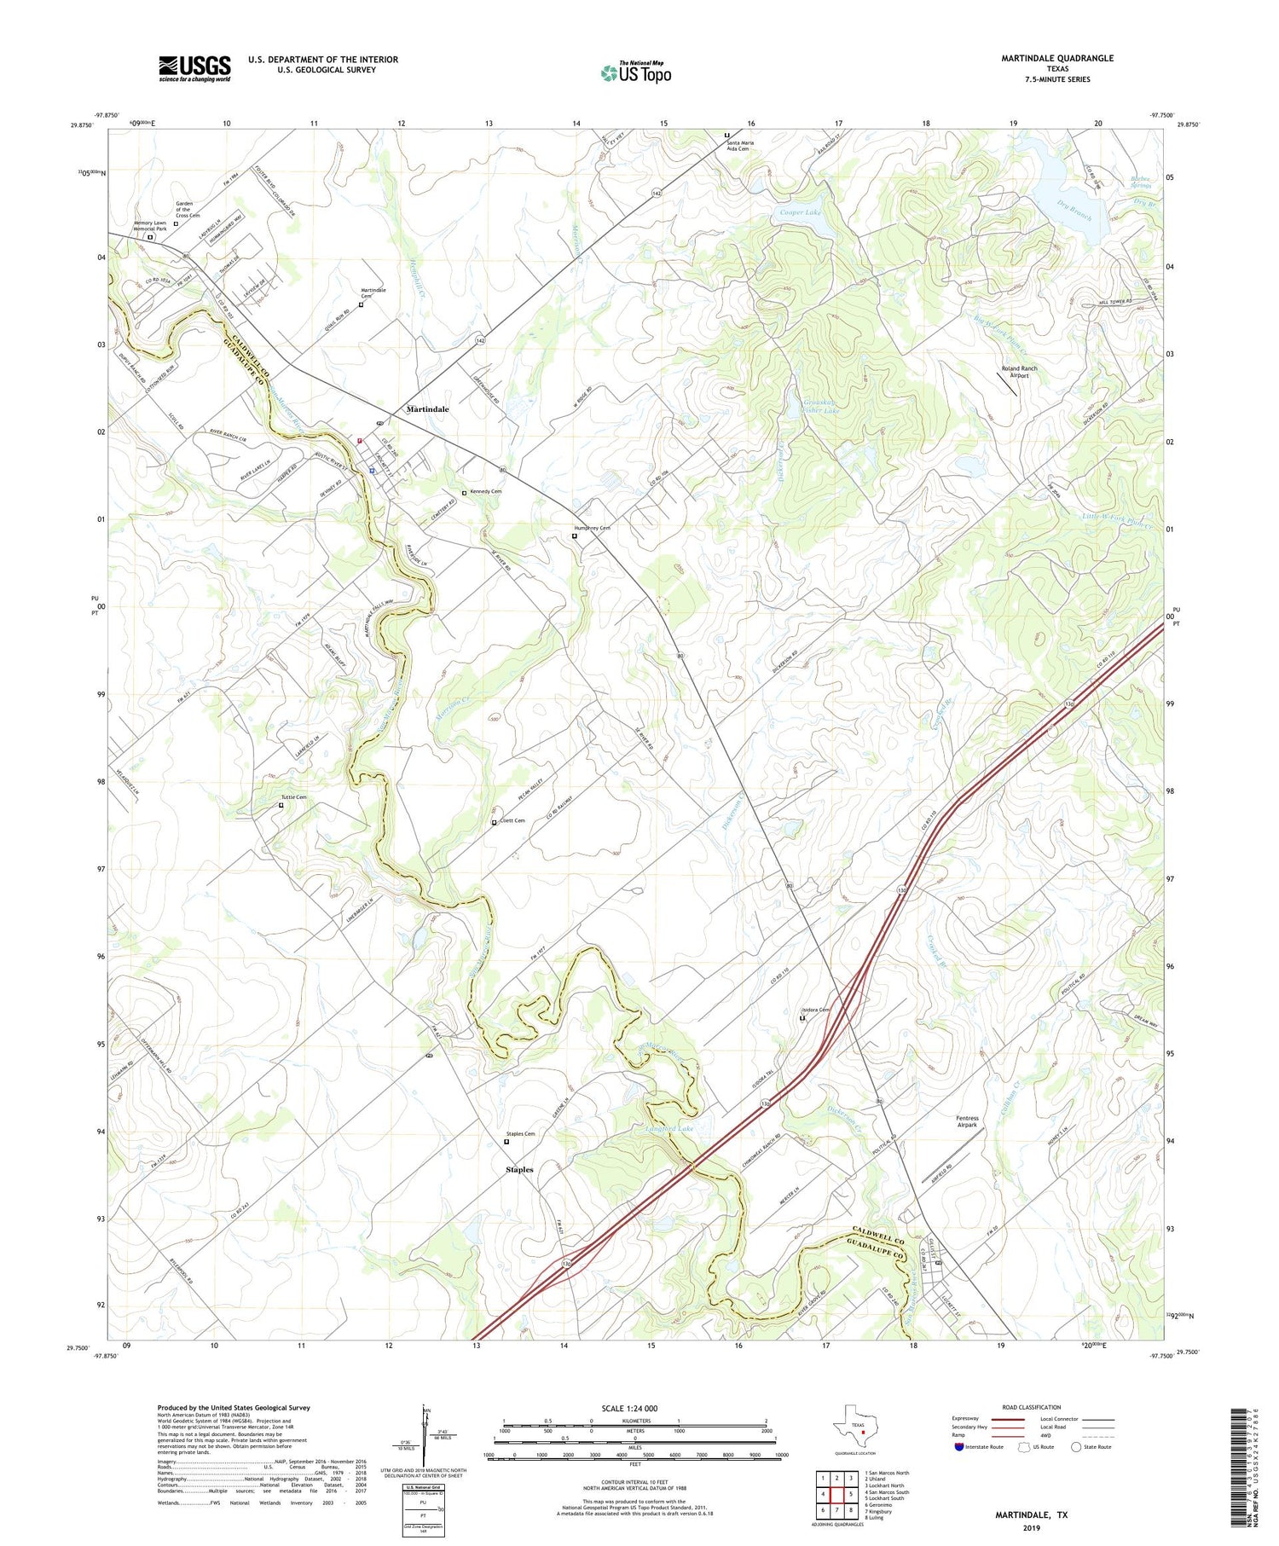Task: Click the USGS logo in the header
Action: point(194,68)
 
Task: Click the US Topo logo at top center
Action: point(636,72)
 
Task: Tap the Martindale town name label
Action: point(427,409)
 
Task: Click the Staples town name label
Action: point(519,1169)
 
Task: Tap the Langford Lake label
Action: point(671,1128)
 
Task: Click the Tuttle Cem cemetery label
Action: point(294,797)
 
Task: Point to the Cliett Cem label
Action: point(512,820)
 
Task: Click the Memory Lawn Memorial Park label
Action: point(150,226)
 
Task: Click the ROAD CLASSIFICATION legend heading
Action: point(1032,1407)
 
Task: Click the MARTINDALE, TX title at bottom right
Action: point(1031,1515)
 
